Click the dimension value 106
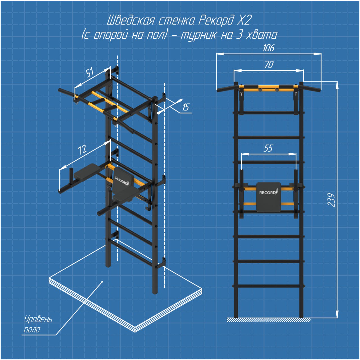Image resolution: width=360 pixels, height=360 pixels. click(269, 48)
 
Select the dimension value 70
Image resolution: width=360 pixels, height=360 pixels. click(269, 65)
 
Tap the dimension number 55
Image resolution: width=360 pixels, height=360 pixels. click(268, 148)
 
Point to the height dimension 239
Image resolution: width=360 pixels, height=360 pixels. click(331, 200)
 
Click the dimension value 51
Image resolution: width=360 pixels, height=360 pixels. click(90, 72)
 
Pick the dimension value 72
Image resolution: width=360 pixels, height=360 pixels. click(82, 149)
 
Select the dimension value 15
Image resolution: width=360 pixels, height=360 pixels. click(186, 107)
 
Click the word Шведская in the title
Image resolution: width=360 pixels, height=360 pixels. click(131, 21)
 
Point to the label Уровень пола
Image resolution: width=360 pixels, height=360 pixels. click(38, 324)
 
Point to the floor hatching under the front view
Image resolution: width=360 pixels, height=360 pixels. click(269, 320)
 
